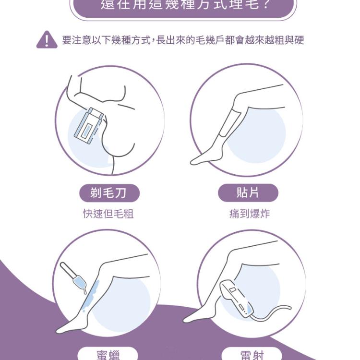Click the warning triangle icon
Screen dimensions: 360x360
pyautogui.click(x=47, y=40)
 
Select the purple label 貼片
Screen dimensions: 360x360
pyautogui.click(x=248, y=193)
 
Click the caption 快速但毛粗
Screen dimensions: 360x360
pyautogui.click(x=108, y=214)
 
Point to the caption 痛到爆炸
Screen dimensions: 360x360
pyautogui.click(x=249, y=214)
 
